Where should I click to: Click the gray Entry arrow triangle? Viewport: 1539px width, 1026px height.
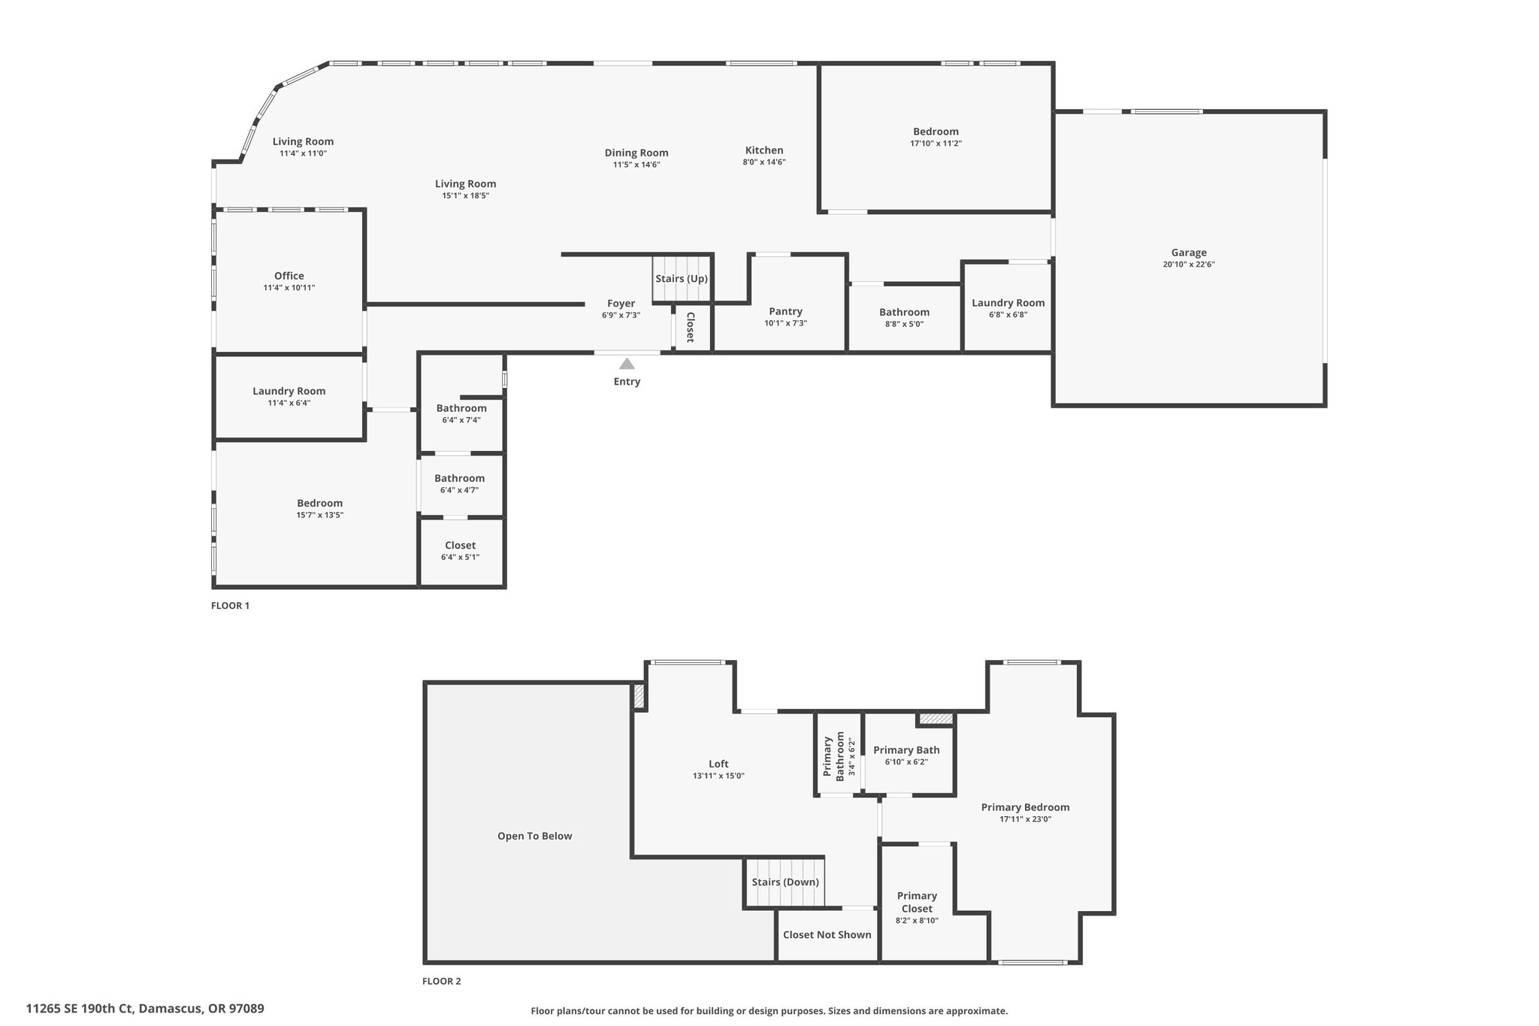click(x=627, y=364)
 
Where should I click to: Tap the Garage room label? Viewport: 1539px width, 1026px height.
click(x=1189, y=253)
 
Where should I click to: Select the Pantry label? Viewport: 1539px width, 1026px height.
click(x=786, y=311)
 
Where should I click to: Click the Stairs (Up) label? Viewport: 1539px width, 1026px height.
click(x=682, y=279)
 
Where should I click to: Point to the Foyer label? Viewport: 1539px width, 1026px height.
click(x=621, y=304)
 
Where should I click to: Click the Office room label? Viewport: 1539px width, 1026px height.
click(x=289, y=276)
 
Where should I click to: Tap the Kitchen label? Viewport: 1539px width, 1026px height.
click(x=764, y=150)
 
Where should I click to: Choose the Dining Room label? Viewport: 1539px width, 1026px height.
click(x=636, y=153)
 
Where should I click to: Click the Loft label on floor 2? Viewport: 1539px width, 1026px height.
click(x=718, y=764)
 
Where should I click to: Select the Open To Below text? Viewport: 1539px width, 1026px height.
click(x=535, y=836)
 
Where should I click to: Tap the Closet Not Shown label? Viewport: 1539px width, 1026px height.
click(x=827, y=935)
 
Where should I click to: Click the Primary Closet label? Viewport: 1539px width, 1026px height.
click(x=917, y=902)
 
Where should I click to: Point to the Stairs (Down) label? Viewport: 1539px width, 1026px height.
click(x=785, y=882)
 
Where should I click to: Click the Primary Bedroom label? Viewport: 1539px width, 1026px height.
click(x=1026, y=807)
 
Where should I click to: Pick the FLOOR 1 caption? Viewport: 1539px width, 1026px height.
click(x=230, y=606)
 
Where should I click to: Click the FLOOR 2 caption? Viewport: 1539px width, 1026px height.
click(x=442, y=981)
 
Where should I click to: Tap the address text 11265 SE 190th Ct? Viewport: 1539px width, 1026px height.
click(x=79, y=1009)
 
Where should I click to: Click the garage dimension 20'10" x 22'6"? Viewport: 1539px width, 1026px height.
click(x=1189, y=265)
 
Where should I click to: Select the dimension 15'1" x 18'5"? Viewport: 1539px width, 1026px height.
click(x=466, y=195)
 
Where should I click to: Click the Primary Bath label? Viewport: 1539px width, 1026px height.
click(x=906, y=750)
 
